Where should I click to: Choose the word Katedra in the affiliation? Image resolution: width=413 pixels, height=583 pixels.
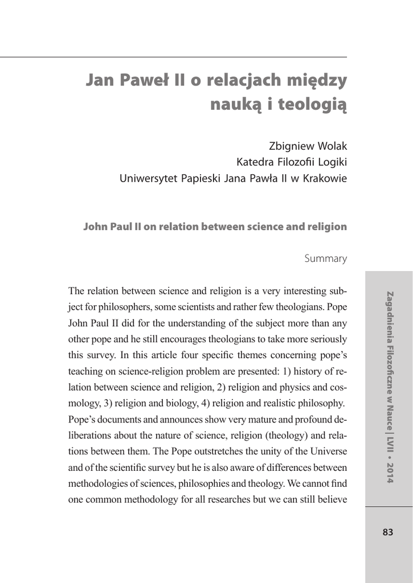[256, 162]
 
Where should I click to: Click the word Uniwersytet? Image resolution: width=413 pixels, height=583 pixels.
[149, 178]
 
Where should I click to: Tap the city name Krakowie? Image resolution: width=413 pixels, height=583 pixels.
[324, 178]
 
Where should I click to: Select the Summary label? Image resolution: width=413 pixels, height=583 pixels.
[325, 258]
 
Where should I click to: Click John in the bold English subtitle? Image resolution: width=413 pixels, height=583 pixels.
[95, 227]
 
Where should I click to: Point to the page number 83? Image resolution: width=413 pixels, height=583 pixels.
[388, 532]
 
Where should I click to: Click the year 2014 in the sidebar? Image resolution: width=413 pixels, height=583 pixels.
[390, 471]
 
